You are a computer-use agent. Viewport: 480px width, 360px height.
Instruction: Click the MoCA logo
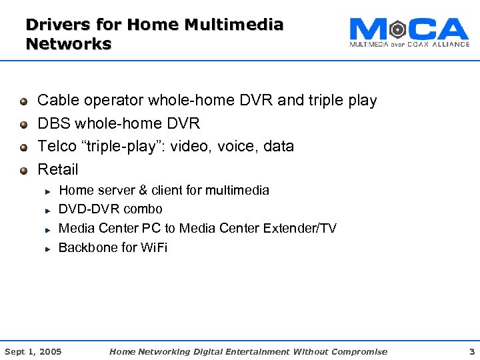(409, 31)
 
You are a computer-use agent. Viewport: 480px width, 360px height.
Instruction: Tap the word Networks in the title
(68, 44)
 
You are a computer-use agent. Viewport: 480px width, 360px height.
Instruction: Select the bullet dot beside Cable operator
(24, 101)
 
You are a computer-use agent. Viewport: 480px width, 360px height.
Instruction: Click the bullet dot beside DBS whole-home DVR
(24, 125)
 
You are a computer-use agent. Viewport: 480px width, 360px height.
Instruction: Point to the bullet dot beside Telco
(24, 147)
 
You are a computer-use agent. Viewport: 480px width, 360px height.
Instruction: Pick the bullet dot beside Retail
(24, 170)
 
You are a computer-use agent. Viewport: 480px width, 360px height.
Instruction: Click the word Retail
(58, 169)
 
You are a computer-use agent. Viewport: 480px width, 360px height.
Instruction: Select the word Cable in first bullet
(58, 101)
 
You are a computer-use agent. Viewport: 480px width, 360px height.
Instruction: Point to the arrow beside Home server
(49, 191)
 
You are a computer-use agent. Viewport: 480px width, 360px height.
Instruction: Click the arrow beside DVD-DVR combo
(49, 210)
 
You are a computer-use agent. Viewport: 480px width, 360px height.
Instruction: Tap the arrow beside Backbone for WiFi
(49, 249)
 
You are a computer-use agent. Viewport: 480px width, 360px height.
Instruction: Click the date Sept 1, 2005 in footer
(33, 351)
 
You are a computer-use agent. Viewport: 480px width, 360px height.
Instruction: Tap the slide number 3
(471, 351)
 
